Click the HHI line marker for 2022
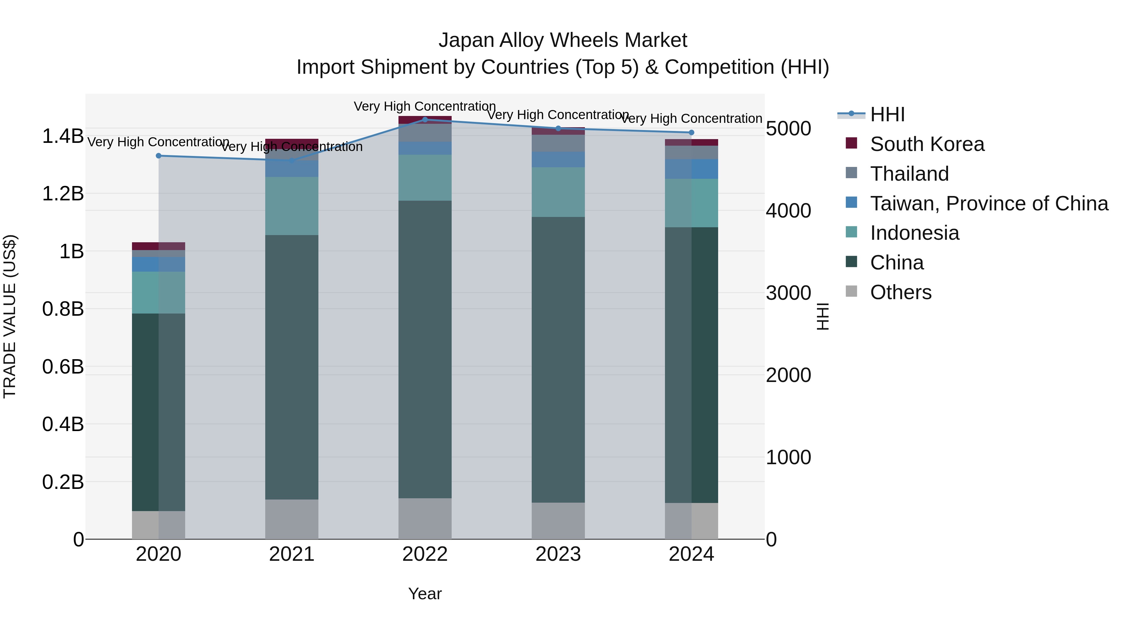coord(425,120)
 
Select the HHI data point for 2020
coord(159,156)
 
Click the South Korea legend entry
coord(927,144)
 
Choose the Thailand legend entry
coord(909,174)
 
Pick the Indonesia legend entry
coord(915,233)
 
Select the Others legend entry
coord(900,293)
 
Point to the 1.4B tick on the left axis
coord(63,136)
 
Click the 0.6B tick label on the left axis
coord(63,367)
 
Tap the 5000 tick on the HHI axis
coord(789,129)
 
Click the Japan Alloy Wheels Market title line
coord(563,41)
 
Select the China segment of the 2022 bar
coord(425,349)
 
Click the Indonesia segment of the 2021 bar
coord(292,206)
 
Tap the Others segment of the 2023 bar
coord(558,521)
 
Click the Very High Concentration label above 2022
coord(425,107)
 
